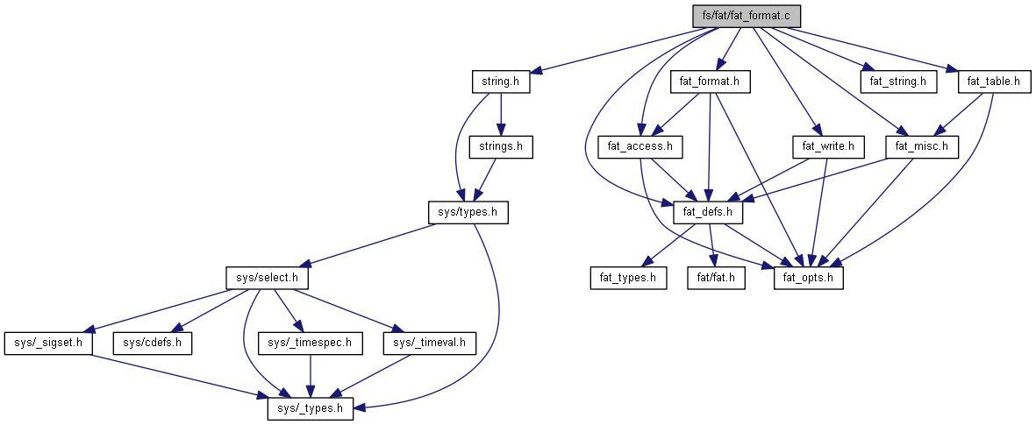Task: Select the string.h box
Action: point(501,82)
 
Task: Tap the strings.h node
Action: point(501,146)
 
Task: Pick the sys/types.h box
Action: point(467,212)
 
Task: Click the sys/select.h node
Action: point(268,278)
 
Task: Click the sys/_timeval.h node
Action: point(429,343)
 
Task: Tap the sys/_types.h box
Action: point(311,408)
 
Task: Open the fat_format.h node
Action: point(711,82)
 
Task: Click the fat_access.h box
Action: point(639,146)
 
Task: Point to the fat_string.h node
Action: point(898,82)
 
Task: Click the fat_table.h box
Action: point(994,82)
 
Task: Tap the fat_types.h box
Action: point(627,278)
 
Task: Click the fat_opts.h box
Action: point(808,278)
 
